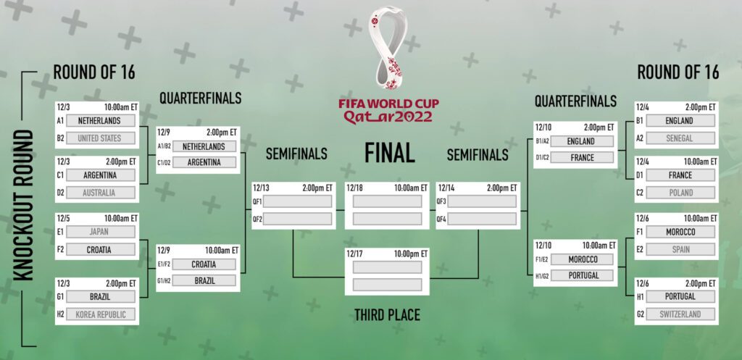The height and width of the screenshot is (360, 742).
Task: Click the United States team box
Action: (x=100, y=138)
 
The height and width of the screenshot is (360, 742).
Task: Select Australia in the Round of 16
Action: (x=100, y=193)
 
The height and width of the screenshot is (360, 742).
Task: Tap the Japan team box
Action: (x=100, y=232)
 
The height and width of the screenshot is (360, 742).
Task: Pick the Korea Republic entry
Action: (x=100, y=314)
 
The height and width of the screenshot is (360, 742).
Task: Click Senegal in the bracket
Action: (x=680, y=138)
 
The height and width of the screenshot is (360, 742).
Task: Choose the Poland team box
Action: (x=680, y=193)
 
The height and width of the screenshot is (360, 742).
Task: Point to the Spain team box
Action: (x=680, y=249)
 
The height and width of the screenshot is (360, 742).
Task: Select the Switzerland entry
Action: (x=680, y=314)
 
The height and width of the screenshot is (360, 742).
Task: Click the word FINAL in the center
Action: (x=389, y=153)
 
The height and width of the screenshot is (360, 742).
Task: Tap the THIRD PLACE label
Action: (x=387, y=314)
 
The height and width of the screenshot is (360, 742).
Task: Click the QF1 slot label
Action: (x=257, y=201)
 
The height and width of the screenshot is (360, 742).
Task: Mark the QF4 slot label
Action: (x=441, y=219)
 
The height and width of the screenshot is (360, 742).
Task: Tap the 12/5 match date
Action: (x=64, y=218)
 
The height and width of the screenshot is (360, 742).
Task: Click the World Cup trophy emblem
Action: (x=388, y=47)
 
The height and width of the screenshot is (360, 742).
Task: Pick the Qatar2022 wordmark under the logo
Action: (x=388, y=116)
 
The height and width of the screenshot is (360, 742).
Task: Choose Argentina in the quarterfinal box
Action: (x=204, y=162)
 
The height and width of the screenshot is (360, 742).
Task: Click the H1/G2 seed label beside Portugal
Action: (x=542, y=276)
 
